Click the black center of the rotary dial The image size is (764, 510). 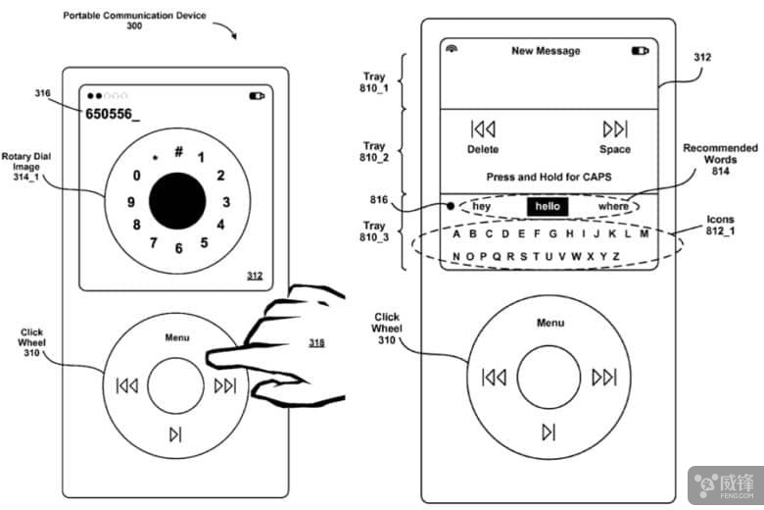click(177, 201)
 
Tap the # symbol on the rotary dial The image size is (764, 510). click(179, 151)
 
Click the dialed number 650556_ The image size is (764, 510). click(113, 114)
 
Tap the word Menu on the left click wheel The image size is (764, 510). click(177, 337)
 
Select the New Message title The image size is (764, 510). click(546, 51)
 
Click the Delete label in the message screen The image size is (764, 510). click(483, 149)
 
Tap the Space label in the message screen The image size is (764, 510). click(615, 149)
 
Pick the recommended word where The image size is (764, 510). click(614, 207)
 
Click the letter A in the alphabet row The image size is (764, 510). click(457, 234)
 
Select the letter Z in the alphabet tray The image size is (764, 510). click(616, 257)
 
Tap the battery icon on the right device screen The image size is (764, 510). click(641, 50)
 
